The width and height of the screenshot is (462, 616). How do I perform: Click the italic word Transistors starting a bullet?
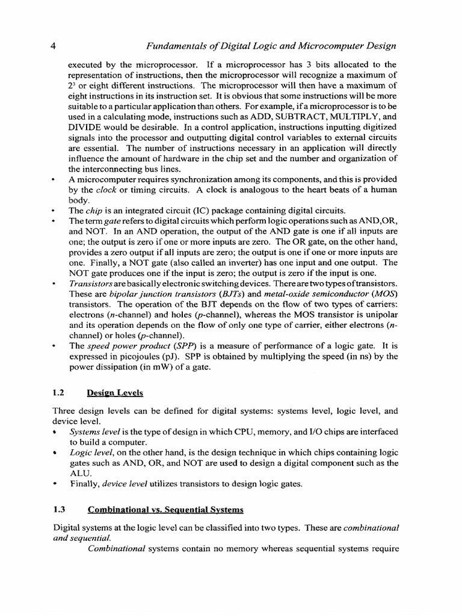coord(90,283)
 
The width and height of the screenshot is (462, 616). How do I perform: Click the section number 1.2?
coord(59,393)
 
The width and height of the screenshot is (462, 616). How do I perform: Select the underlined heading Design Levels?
coord(115,393)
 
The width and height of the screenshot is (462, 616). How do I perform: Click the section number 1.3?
coord(59,509)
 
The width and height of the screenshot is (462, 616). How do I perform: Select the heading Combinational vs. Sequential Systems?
coord(165,509)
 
